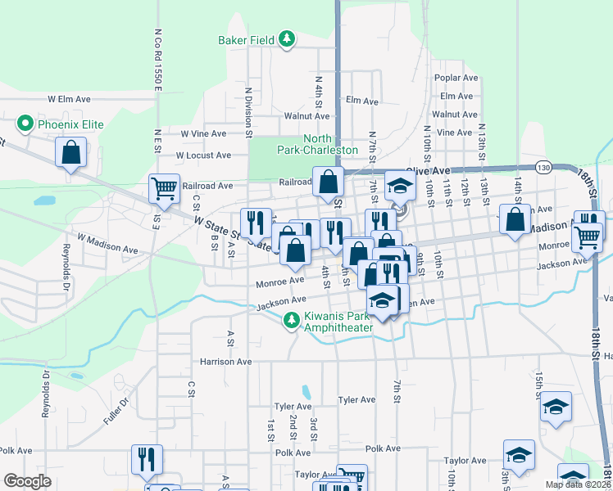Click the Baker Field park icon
coord(286,38)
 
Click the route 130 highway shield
coord(544,167)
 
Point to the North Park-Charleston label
coord(330,145)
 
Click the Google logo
coord(27,481)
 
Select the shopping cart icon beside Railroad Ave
coord(164,188)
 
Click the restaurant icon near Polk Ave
coord(147,459)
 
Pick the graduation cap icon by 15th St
coord(556,408)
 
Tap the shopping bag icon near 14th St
coord(515,220)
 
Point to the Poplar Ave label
coord(457,78)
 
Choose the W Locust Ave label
coord(203,155)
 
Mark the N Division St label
coord(247,107)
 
